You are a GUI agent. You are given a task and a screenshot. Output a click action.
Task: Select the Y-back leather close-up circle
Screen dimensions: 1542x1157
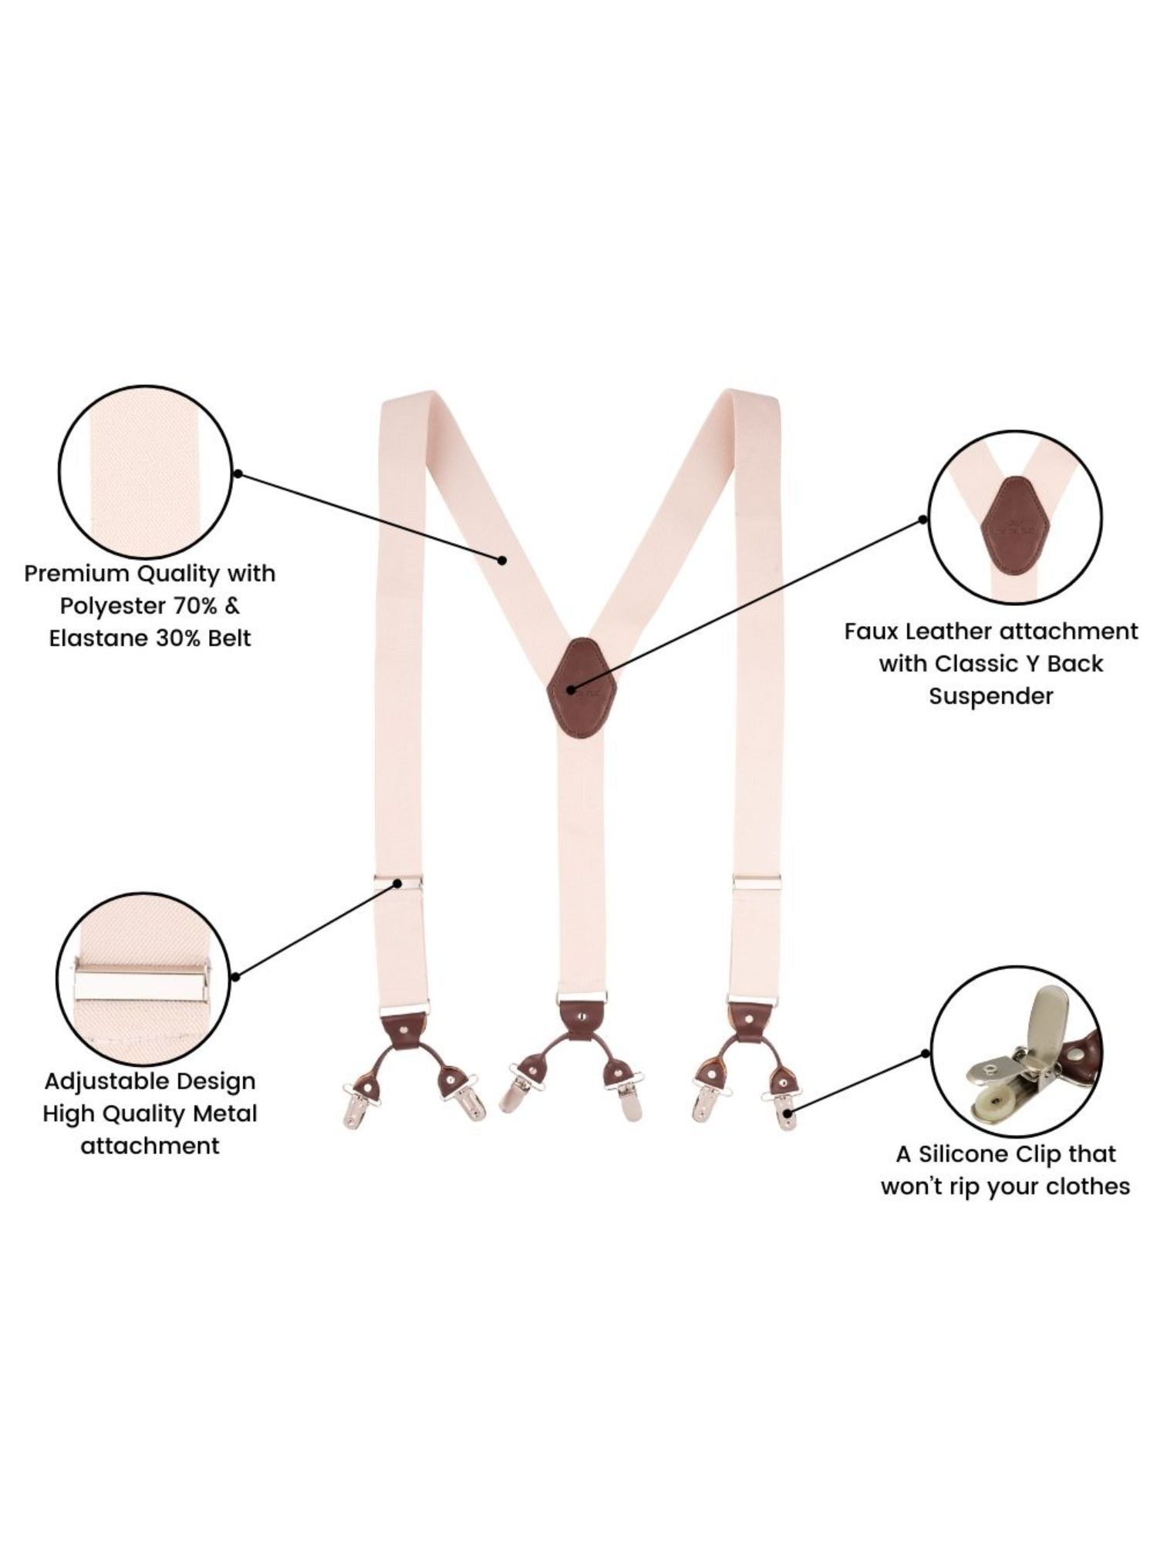[1016, 515]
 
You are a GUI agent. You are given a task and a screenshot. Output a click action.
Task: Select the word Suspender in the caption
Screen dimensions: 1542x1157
[990, 696]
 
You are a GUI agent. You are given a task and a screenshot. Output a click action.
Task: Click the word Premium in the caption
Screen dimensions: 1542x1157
[76, 574]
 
